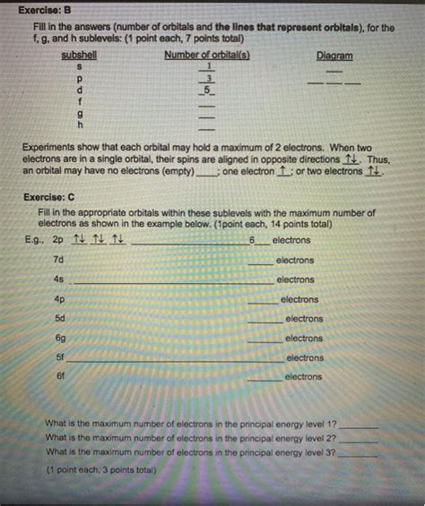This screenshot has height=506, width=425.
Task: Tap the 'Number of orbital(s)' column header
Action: (x=207, y=56)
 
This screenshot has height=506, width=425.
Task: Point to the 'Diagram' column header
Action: (x=335, y=56)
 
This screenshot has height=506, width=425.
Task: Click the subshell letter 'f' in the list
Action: (x=80, y=102)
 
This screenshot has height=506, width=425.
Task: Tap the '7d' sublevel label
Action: (x=59, y=259)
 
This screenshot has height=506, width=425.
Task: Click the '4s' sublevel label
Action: (x=59, y=279)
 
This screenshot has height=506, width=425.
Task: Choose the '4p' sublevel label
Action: (x=59, y=299)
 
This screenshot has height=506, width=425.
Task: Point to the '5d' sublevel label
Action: (x=60, y=318)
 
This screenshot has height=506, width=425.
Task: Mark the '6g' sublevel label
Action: (x=60, y=338)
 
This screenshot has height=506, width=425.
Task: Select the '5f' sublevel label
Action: (x=60, y=356)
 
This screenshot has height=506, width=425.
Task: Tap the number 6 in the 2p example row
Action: (x=253, y=240)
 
